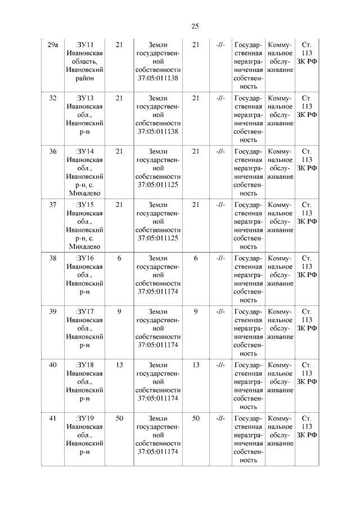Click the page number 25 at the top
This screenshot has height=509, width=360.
195,26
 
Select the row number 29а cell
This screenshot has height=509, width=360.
53,44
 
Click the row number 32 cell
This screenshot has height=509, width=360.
53,98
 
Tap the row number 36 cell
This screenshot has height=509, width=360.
53,151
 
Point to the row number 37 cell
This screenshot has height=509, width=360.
53,205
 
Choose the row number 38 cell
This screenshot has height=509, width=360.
53,258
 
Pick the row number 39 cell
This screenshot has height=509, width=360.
53,312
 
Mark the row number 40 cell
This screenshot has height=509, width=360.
53,365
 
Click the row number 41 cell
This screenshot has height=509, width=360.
53,418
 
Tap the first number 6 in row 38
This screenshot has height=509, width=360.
119,258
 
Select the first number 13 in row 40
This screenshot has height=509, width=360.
119,365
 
